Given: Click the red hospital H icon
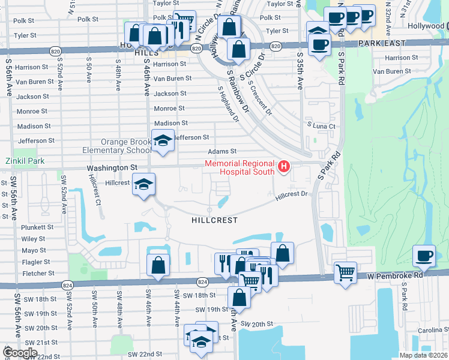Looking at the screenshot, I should tap(285, 165).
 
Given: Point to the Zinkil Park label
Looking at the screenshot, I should tap(25, 161).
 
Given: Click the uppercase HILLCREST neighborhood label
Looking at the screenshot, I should tap(214, 220).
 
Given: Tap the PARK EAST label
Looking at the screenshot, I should tap(382, 43).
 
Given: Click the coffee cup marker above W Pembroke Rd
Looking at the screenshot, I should tap(424, 257).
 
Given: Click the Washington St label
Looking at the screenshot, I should tap(112, 168).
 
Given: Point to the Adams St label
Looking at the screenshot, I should tap(222, 152).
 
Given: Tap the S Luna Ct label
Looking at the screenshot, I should tap(321, 126).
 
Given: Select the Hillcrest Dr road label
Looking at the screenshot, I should tap(292, 194).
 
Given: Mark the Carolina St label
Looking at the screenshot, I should tap(431, 331).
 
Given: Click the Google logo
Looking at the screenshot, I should tap(20, 353).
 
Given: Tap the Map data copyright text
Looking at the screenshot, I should tap(423, 355).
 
